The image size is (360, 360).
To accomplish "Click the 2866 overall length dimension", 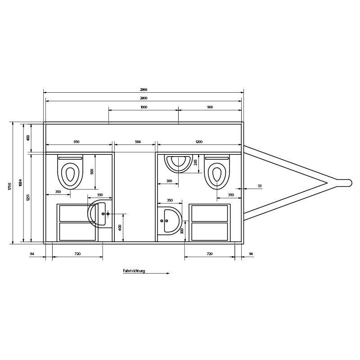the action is [x=144, y=89].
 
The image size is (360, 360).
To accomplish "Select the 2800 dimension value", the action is [x=144, y=98].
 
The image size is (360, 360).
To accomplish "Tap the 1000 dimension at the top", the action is [x=144, y=107].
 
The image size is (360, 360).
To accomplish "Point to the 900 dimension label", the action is [x=210, y=107].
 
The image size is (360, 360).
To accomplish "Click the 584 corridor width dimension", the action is [x=138, y=142].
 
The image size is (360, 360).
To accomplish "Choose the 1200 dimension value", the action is [x=199, y=142].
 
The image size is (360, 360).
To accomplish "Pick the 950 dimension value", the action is [x=76, y=142].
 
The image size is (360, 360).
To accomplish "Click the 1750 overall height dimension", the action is [x=9, y=186].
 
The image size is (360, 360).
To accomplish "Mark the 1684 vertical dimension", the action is [x=20, y=183].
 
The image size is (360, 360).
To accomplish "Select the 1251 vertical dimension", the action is [x=28, y=198].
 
